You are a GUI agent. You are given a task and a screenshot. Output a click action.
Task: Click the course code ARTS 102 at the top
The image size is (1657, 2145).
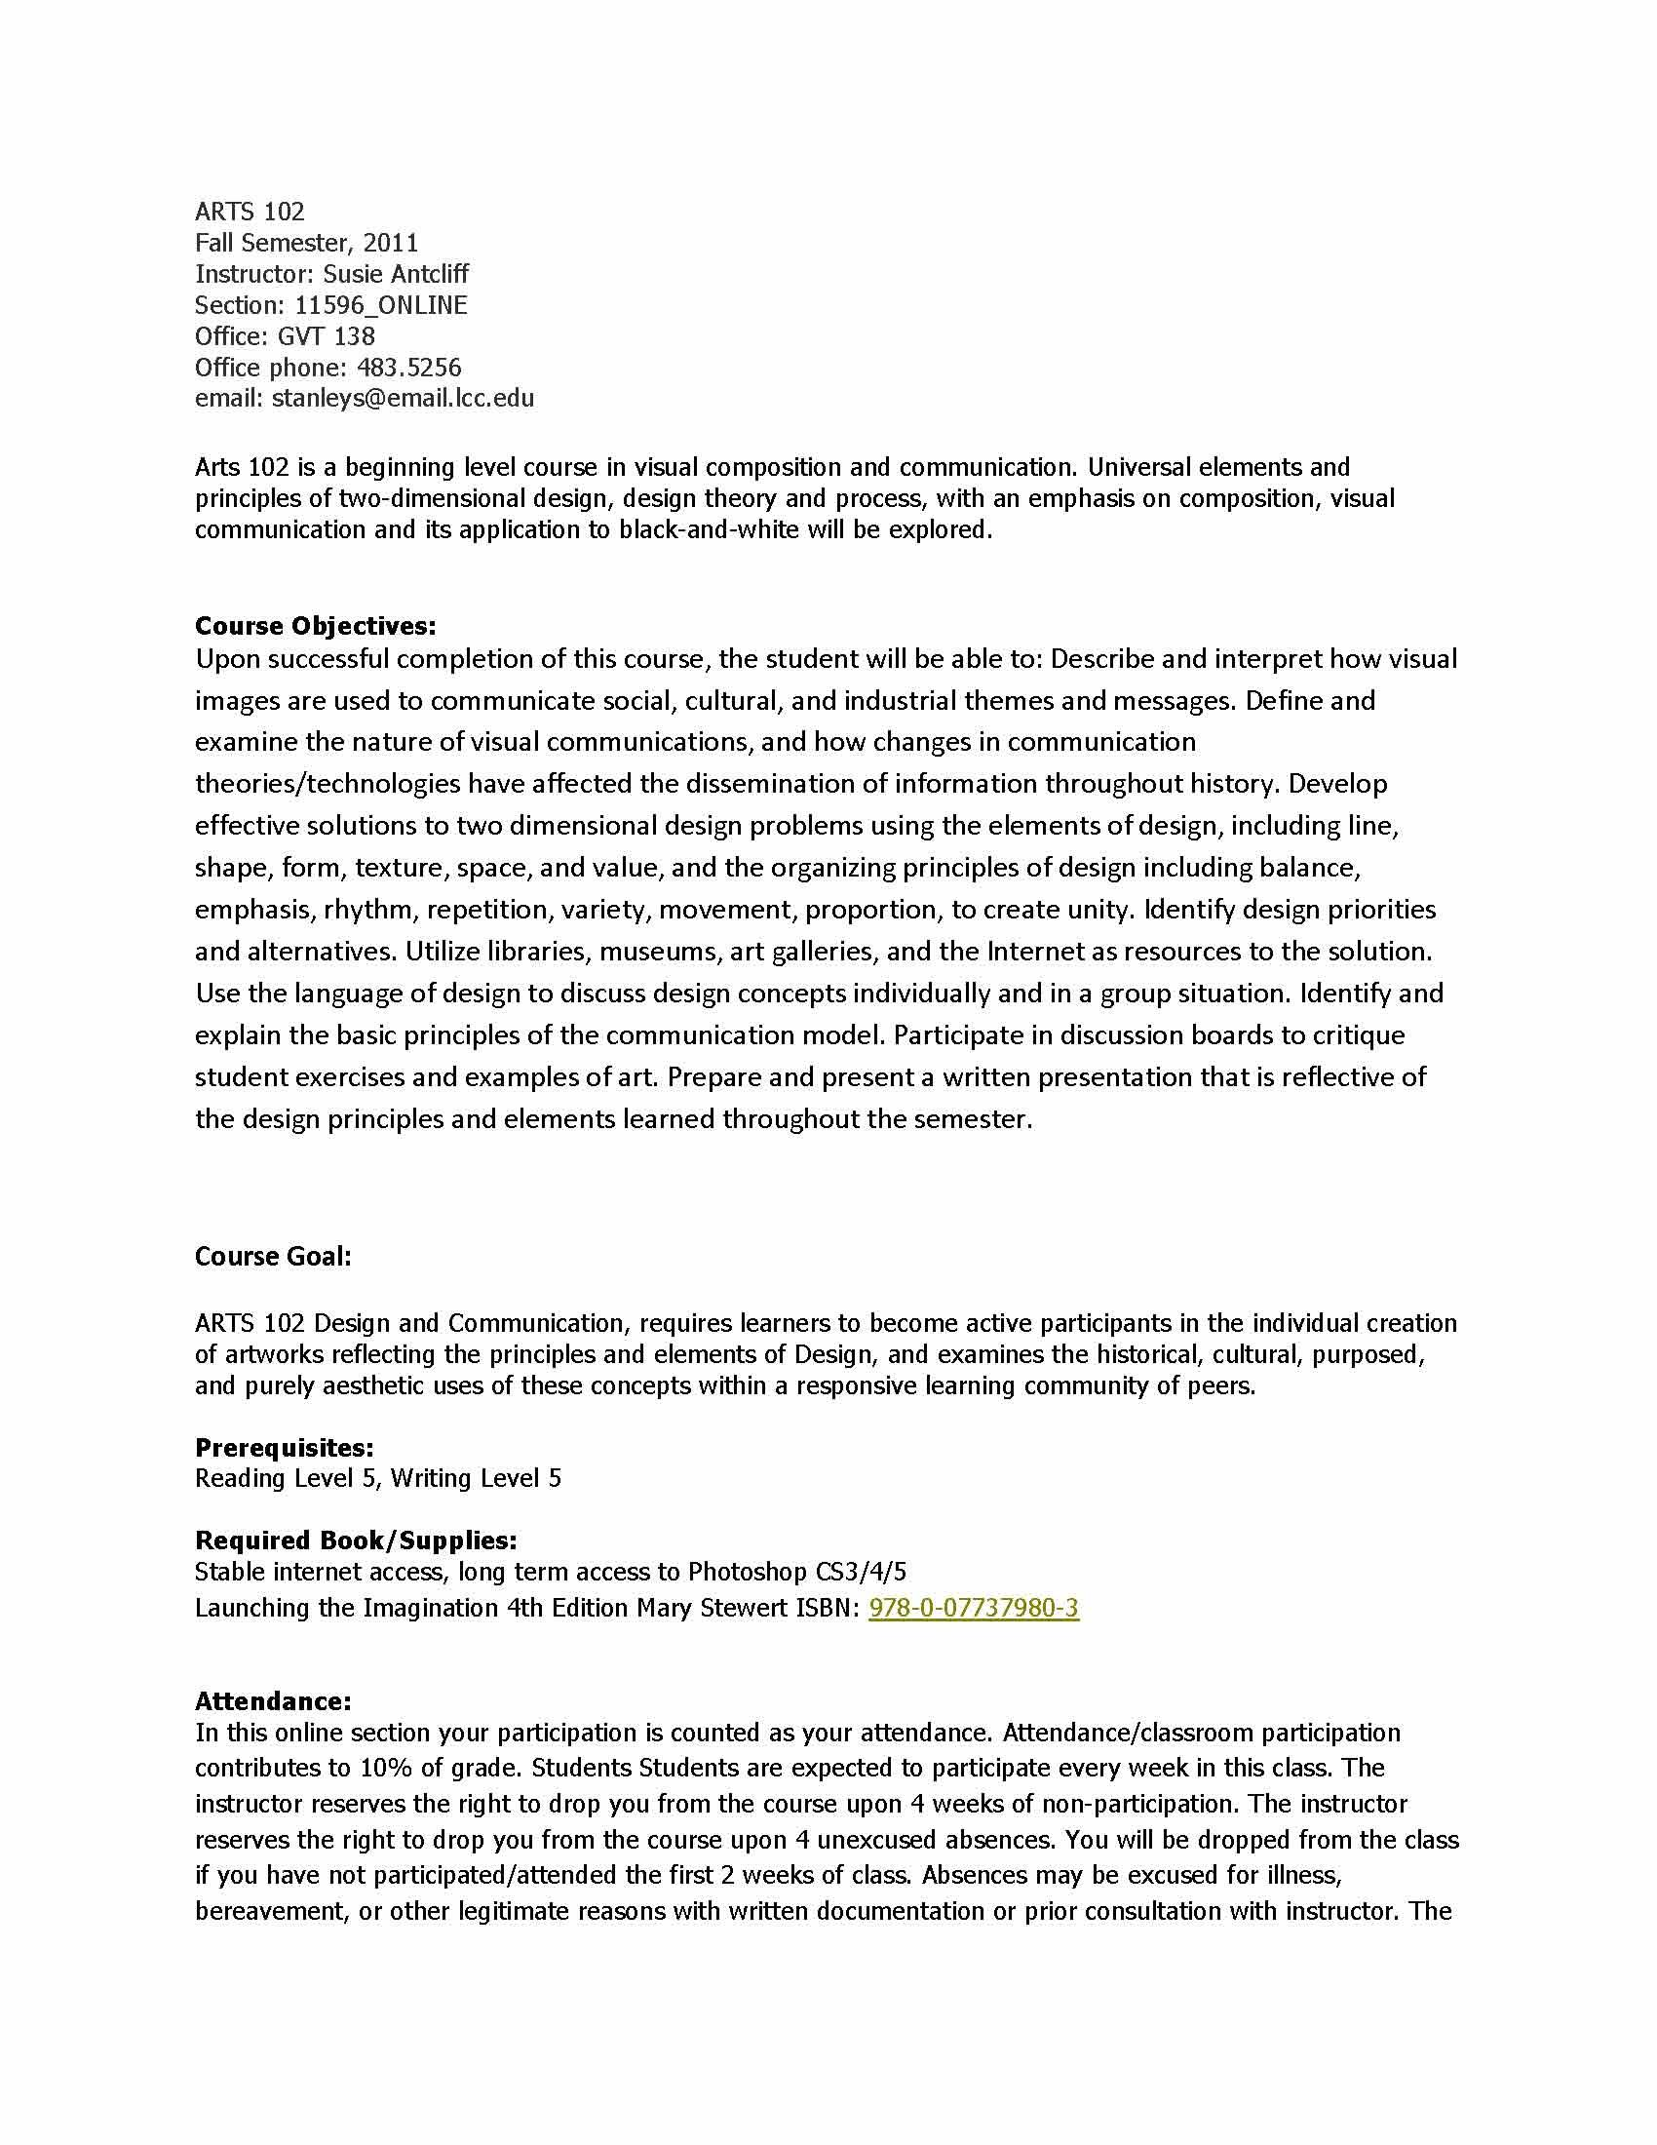pos(250,212)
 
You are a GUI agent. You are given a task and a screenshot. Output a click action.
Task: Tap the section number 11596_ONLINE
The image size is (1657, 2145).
pos(381,305)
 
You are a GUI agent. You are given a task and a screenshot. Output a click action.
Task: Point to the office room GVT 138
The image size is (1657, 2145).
pos(326,337)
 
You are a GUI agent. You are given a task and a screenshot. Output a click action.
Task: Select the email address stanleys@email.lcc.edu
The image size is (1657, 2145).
pos(403,399)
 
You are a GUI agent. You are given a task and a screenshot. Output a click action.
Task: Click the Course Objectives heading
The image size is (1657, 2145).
pos(315,626)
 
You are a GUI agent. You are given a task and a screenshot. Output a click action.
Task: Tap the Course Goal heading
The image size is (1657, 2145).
pos(273,1256)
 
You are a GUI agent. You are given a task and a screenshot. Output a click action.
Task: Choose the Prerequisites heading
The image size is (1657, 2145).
pos(284,1448)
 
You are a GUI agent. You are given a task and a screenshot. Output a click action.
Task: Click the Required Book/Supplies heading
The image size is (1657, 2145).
pos(356,1540)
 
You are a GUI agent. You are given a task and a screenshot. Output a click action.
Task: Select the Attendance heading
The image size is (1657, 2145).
pos(273,1701)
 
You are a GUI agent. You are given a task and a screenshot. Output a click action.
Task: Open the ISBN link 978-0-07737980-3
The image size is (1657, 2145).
pos(974,1608)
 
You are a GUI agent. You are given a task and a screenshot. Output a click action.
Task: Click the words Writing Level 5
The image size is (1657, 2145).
pos(476,1478)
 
